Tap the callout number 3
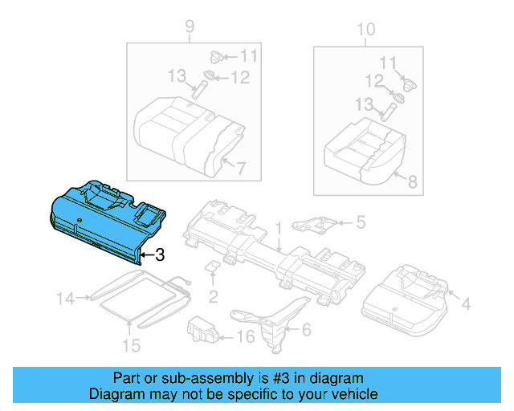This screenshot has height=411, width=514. (x=159, y=256)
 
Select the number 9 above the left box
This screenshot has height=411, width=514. (x=190, y=30)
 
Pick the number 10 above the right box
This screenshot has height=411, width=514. (x=365, y=30)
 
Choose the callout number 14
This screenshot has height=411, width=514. (x=65, y=299)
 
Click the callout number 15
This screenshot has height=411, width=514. (x=131, y=345)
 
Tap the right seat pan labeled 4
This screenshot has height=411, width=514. (x=406, y=297)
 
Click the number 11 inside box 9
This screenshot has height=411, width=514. (x=248, y=56)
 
